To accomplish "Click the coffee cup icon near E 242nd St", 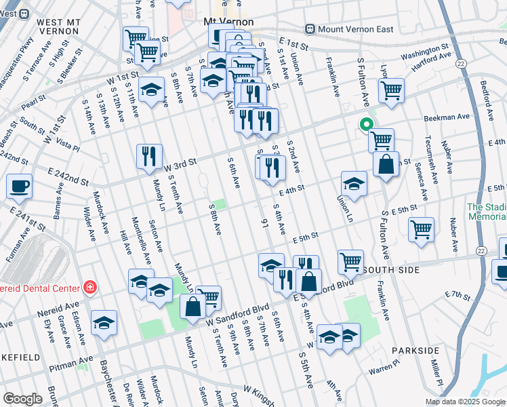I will click(20, 185).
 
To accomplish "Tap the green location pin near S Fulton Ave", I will click(366, 125).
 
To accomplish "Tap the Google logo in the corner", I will click(22, 399).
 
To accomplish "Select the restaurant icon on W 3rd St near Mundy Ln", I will click(148, 156).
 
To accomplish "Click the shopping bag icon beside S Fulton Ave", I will click(386, 165).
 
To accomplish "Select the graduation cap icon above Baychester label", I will click(104, 323).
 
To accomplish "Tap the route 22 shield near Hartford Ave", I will click(460, 63).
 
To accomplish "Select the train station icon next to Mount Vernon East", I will click(310, 28).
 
